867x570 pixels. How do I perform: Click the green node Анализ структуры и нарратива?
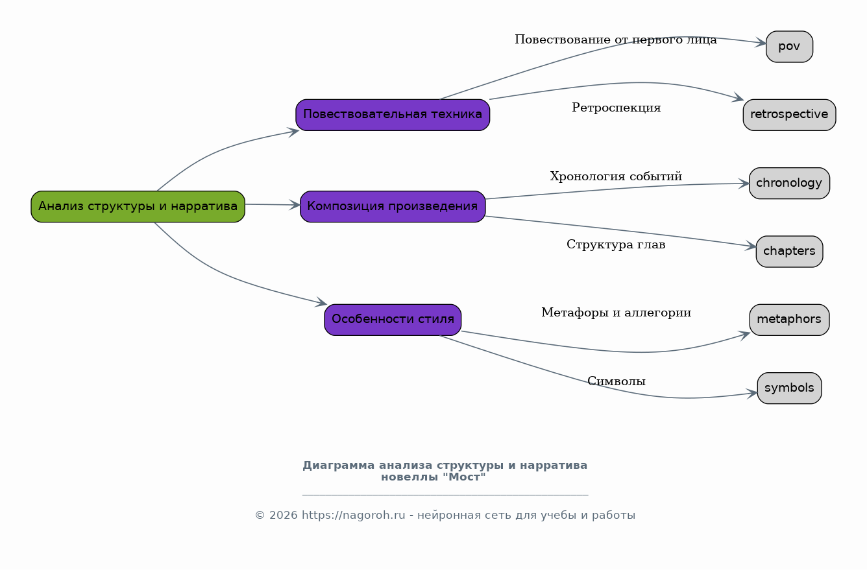tap(138, 207)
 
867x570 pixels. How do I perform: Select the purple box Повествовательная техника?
tap(393, 115)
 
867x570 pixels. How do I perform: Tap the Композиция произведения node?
tap(393, 207)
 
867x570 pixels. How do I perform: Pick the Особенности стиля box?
tap(393, 320)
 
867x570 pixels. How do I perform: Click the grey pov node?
tap(789, 47)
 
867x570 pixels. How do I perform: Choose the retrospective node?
tap(789, 115)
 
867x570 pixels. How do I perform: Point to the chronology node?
tap(789, 184)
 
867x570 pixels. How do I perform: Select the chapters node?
tap(789, 252)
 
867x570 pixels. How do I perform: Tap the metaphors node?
tap(789, 320)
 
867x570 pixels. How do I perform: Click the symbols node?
tap(789, 388)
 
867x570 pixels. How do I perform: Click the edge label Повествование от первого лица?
tap(615, 40)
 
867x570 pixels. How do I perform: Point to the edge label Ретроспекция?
tap(616, 108)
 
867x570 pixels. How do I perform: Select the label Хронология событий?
tap(616, 176)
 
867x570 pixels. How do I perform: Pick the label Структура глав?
tap(616, 245)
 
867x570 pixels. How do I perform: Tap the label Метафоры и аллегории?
tap(616, 313)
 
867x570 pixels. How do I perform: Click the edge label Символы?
tap(616, 381)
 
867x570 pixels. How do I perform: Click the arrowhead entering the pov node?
tap(761, 43)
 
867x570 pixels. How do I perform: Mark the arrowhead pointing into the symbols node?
tap(753, 393)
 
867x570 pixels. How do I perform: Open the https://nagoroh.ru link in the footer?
tap(353, 516)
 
